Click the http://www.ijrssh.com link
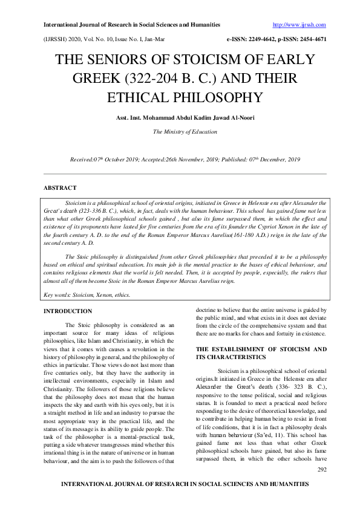[299, 25]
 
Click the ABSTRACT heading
[60, 189]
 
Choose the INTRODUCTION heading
[68, 311]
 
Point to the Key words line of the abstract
[87, 295]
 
